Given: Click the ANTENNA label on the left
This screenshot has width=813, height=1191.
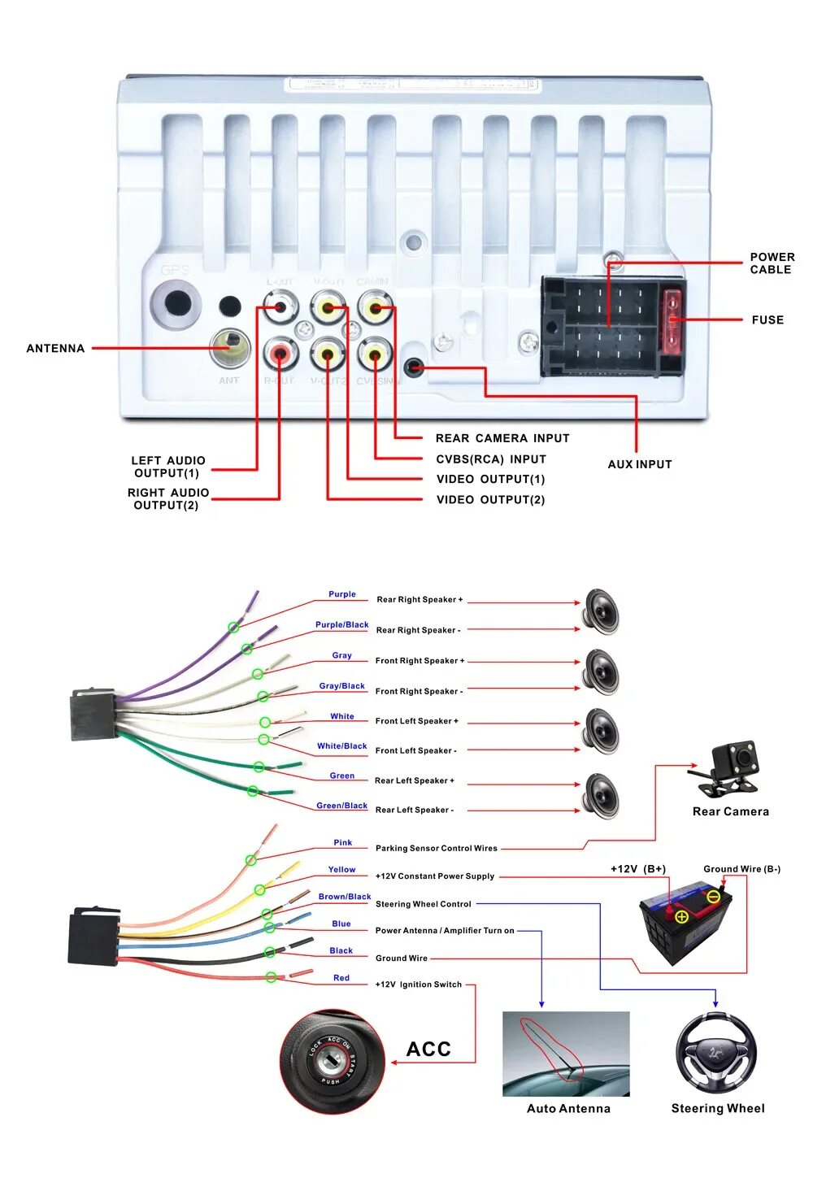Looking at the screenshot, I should click(55, 348).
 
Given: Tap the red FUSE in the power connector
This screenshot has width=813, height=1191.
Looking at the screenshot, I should click(672, 320).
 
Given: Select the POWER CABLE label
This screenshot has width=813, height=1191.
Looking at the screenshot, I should click(772, 263).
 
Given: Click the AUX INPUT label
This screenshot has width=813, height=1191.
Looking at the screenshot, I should click(640, 464).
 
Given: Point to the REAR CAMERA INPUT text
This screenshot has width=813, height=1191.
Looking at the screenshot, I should click(502, 438).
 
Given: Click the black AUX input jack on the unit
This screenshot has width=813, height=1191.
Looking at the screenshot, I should click(415, 367).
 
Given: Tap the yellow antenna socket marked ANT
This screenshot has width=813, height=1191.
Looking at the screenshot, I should click(229, 348).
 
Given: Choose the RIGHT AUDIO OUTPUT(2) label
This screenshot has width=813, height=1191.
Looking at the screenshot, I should click(167, 498).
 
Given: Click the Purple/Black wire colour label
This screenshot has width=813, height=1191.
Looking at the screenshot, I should click(341, 624).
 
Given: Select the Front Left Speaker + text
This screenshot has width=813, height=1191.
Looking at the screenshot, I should click(416, 721).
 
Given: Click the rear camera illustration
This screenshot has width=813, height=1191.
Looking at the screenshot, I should click(725, 767).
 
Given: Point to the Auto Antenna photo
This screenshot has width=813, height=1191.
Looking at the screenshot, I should click(566, 1054).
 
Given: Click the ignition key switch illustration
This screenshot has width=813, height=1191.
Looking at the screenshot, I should click(332, 1061).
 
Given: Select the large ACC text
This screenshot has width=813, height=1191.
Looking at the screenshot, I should click(428, 1049).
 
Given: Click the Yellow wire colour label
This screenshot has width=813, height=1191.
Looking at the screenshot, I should click(341, 870).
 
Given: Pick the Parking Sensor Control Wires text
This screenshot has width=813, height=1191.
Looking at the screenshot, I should click(436, 848).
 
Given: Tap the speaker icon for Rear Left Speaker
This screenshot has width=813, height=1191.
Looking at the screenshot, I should click(602, 794).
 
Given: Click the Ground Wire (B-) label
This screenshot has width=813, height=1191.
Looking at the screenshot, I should click(741, 869).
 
